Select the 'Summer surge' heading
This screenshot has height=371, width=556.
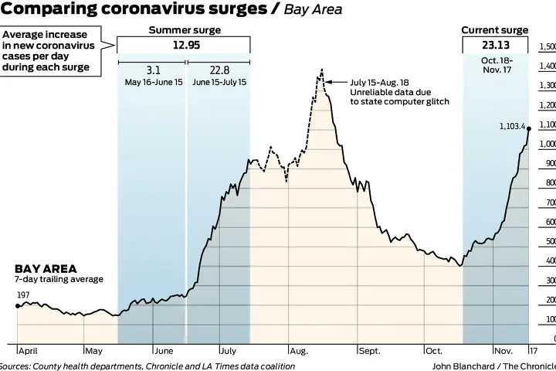click(185, 30)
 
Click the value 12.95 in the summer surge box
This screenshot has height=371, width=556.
click(185, 45)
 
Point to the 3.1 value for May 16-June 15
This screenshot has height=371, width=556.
click(152, 70)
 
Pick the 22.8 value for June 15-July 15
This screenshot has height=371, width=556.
click(218, 70)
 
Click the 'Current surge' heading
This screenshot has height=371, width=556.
click(495, 30)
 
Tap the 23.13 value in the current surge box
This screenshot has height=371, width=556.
click(495, 45)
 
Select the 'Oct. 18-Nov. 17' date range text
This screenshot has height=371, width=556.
click(495, 66)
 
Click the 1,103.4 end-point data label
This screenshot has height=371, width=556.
click(512, 126)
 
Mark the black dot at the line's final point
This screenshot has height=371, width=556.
click(529, 128)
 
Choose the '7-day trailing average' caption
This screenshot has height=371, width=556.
click(58, 279)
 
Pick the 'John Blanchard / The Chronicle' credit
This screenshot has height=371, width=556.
click(493, 366)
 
